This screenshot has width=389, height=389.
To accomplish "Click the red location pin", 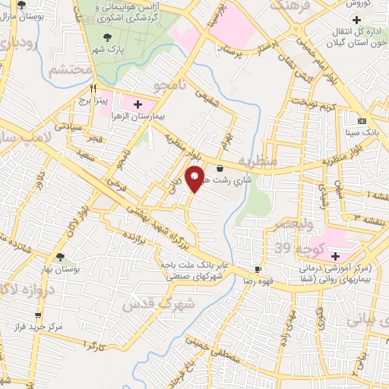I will [195, 179].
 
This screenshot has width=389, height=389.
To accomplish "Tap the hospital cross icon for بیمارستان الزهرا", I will [138, 104].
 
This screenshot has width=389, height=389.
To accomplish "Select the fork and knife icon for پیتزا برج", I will [93, 88].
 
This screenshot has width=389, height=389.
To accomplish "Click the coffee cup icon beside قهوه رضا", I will [258, 270].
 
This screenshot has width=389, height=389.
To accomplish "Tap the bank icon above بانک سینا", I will [362, 120].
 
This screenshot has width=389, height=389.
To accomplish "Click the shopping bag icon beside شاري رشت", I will [220, 169].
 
